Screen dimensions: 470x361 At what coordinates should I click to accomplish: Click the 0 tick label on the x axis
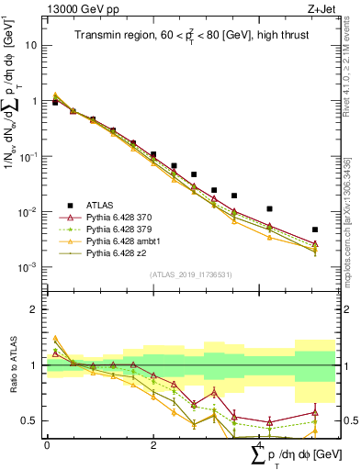(47, 445)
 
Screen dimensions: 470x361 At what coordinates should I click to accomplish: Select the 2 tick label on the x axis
(153, 445)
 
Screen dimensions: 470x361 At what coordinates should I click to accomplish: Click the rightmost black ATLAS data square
(315, 229)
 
